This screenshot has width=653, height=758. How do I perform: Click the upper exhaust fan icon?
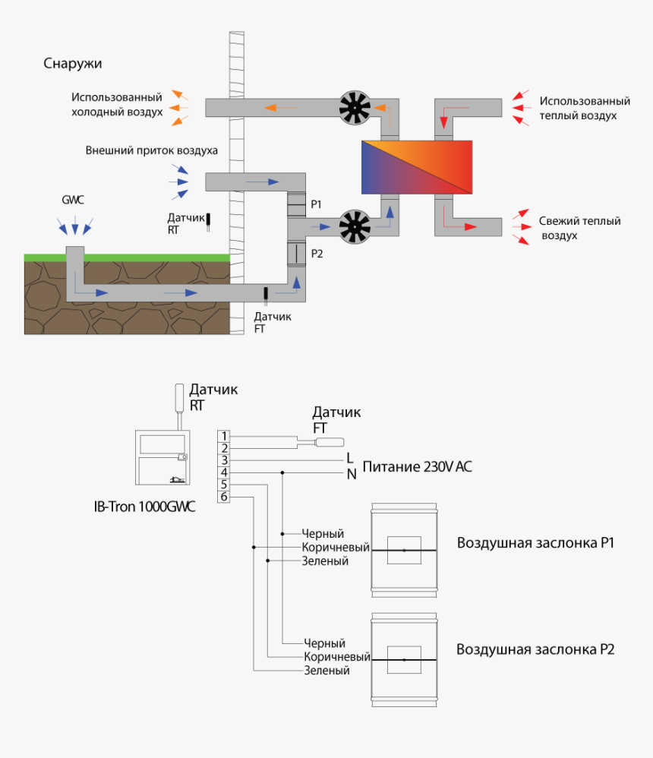[355, 108]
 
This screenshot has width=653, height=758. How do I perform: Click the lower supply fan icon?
[355, 226]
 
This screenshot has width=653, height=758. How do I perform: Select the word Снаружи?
[72, 63]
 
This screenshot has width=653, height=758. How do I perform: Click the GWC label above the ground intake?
[73, 200]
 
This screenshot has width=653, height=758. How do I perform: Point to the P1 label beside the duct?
[317, 204]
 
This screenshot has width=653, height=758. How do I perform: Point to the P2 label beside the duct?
[317, 254]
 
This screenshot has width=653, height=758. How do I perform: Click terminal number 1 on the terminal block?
[223, 435]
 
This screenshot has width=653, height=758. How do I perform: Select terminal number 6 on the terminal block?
[223, 497]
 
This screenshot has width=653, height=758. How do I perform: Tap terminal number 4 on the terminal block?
[223, 472]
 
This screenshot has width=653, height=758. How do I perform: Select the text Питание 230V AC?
[417, 466]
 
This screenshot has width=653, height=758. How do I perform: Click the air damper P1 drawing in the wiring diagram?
[404, 549]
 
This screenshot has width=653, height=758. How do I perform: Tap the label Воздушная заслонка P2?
[535, 649]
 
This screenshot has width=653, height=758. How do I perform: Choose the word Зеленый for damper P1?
[325, 561]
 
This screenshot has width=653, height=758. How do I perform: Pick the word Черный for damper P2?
[324, 643]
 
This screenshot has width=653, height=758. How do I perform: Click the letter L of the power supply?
[350, 458]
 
